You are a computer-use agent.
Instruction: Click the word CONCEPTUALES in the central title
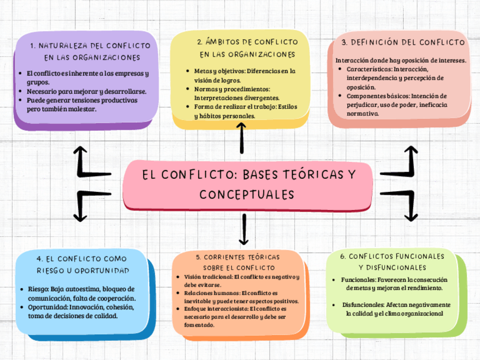pos(247,195)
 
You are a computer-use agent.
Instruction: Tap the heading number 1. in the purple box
pos(33,45)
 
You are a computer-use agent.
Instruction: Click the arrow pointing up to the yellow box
pos(242,139)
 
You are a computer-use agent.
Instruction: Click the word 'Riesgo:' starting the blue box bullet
pos(38,289)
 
